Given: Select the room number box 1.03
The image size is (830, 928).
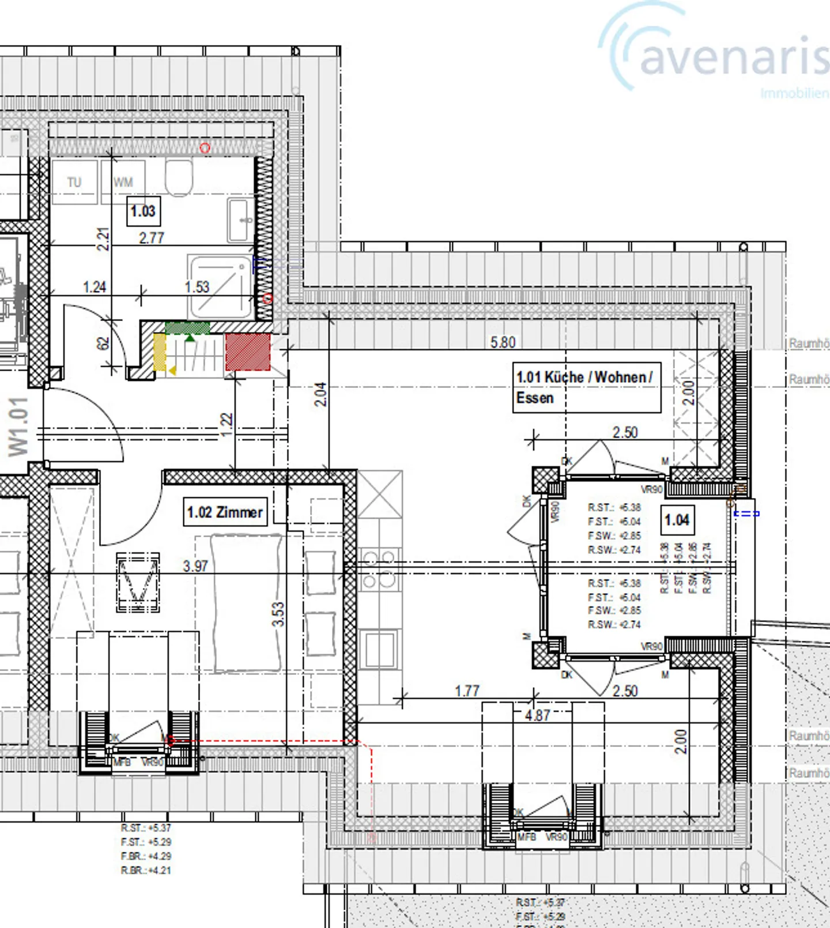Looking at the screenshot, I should point(143,212).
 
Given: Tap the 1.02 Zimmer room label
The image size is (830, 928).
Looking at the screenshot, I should point(225,512).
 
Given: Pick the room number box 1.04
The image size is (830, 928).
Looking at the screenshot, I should point(677,520).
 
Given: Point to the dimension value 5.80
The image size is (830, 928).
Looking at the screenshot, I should point(503,342).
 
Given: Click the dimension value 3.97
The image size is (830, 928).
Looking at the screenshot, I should point(195,566).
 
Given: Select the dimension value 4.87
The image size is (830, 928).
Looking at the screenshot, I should point(537,715).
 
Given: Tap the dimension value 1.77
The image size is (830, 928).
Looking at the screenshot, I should point(467,691).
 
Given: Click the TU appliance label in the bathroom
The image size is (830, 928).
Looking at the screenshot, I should point(74,183).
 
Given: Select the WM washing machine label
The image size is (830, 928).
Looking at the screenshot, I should point(123,183).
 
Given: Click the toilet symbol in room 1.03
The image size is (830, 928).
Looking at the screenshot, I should point(179,178).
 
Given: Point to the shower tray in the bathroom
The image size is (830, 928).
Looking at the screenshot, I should point(221,286).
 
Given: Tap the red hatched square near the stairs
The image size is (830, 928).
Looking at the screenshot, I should point(248,352).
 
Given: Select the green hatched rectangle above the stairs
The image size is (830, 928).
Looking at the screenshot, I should point(187,327).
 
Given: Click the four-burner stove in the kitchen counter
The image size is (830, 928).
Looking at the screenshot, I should point(379,568).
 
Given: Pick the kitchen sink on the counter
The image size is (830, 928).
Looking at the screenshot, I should point(379,648).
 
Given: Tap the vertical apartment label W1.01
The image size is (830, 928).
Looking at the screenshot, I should point(18,427).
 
